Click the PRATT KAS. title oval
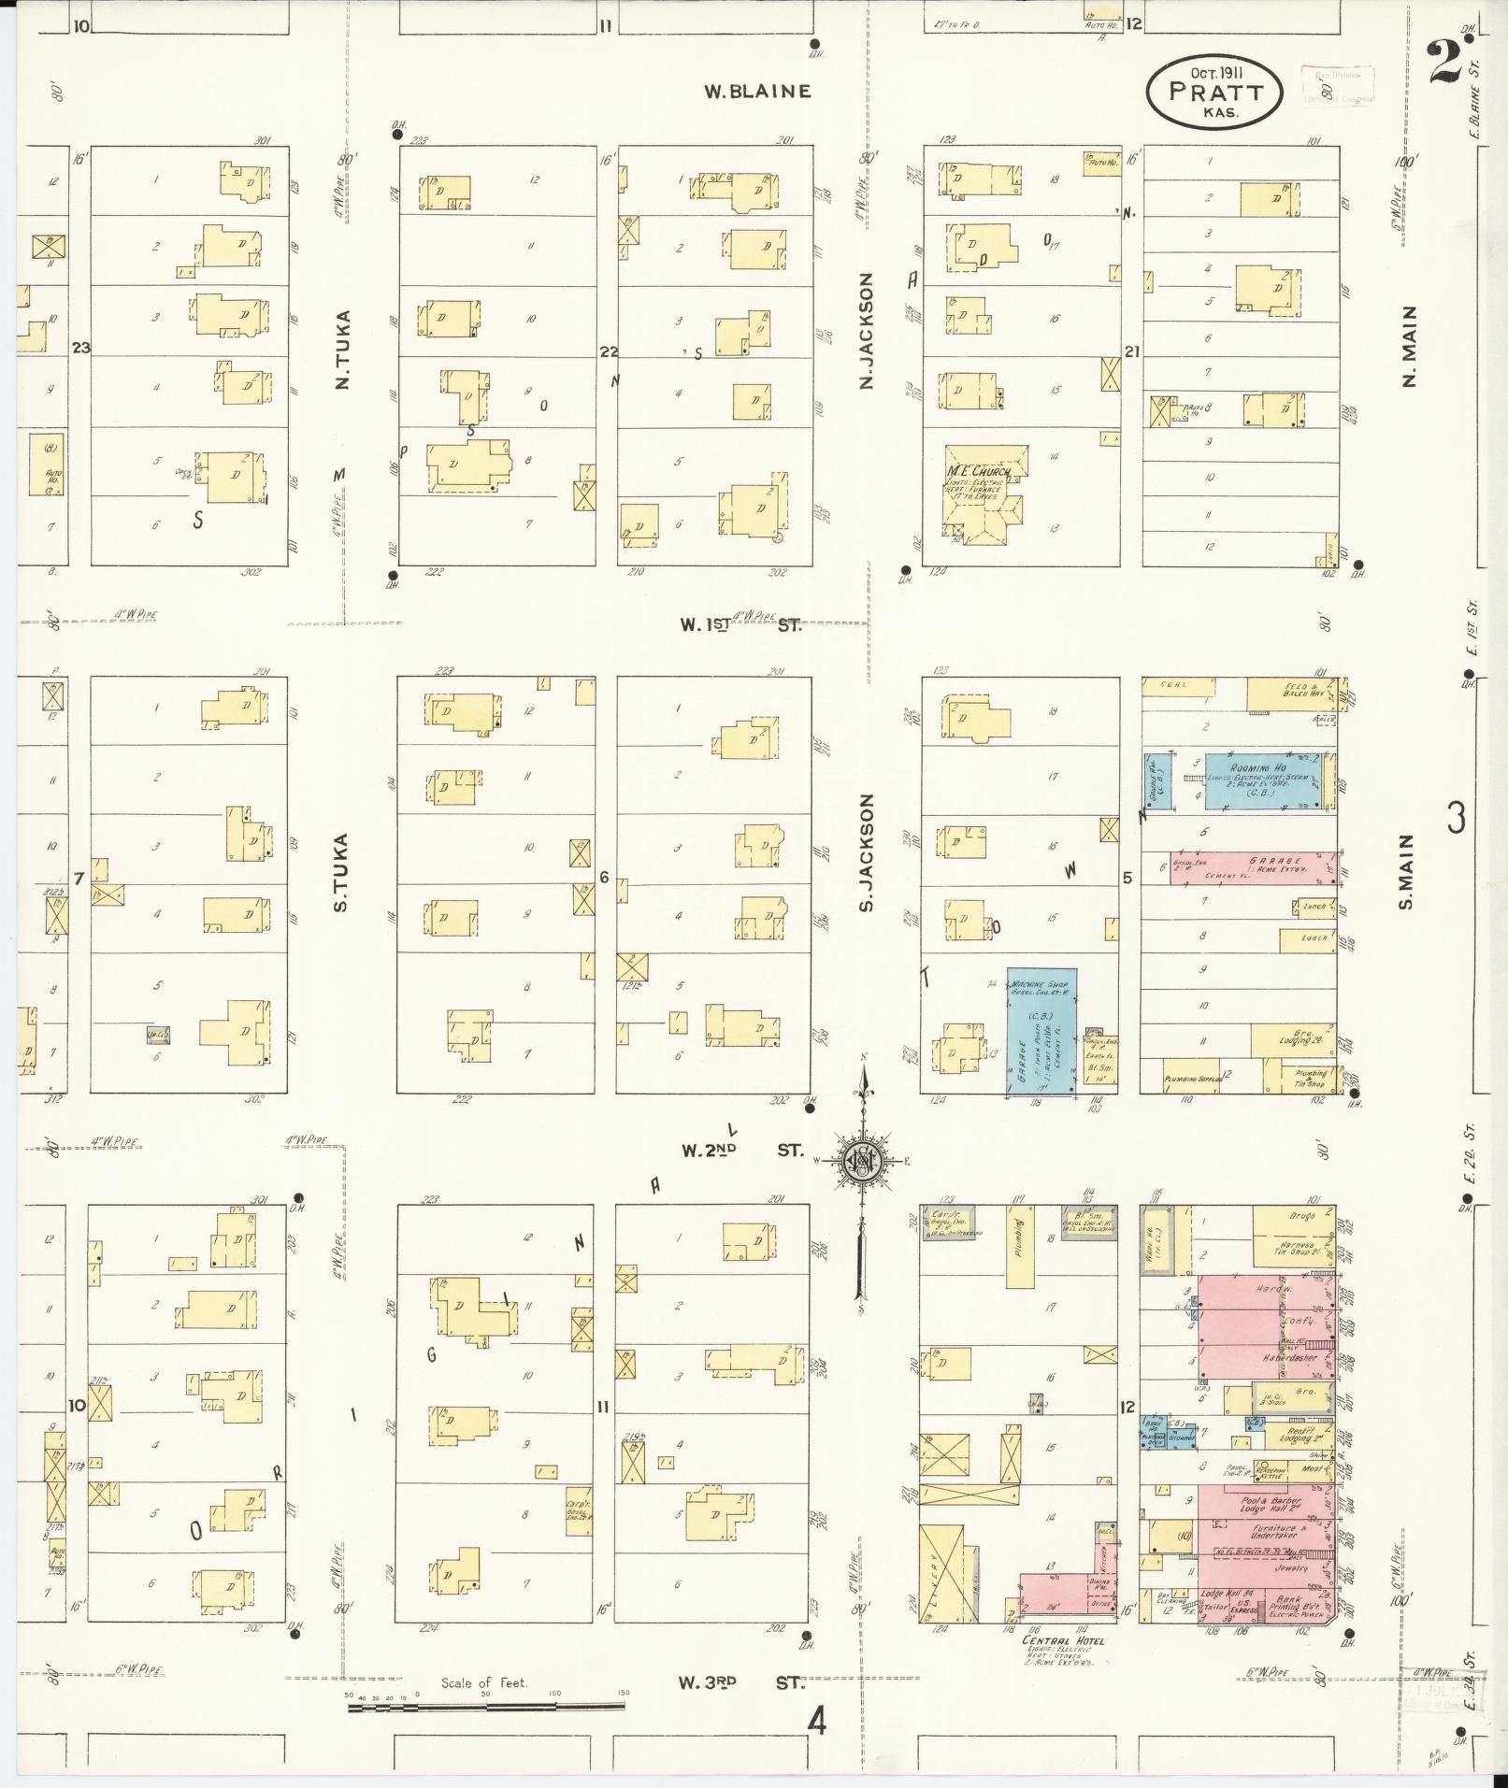click(1214, 92)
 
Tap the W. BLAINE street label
click(757, 92)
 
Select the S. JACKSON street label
click(866, 852)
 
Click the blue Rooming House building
click(1260, 780)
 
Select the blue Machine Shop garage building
click(1041, 1031)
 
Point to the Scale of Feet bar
click(486, 1707)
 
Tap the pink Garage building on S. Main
click(1253, 867)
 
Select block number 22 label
click(609, 351)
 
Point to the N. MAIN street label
click(1409, 346)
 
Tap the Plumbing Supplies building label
click(1193, 1080)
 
